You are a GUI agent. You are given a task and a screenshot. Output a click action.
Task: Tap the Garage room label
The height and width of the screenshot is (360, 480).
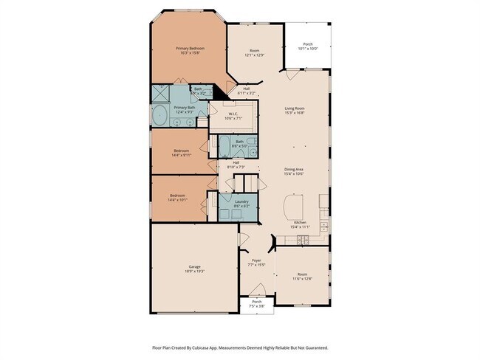coord(195,268)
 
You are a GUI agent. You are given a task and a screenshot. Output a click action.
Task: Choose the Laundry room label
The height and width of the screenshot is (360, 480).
coord(241,203)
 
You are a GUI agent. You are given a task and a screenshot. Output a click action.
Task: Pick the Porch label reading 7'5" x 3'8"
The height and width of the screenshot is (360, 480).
coord(257,303)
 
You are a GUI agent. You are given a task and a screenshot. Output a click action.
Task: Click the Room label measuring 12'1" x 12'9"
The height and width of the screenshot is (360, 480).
coord(253,52)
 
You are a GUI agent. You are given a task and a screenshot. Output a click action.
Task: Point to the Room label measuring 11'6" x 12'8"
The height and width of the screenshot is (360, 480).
coord(303,275)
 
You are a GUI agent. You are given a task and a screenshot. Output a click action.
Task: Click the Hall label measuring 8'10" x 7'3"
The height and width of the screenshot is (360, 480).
coord(236,165)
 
